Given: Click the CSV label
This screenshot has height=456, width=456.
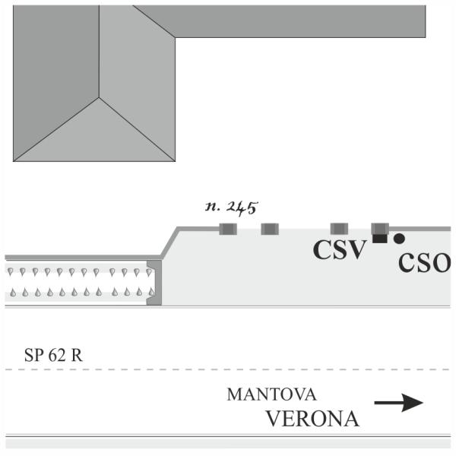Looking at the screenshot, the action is coord(339,250).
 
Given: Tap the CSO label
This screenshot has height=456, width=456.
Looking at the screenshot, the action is coord(425,263).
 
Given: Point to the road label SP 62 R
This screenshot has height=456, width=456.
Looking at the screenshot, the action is coord(53,355).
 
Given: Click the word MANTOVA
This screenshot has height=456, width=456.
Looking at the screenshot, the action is coord(271,394).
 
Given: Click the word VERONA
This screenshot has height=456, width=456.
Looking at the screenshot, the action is coord(313,419).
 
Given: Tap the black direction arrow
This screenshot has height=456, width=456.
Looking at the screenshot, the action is coord(399,403).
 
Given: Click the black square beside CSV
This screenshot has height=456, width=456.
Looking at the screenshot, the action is coord(380,239).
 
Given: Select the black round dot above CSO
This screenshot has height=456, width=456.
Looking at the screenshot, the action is coord(399,239).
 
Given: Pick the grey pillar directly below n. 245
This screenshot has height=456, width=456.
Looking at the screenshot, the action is coord(228,229).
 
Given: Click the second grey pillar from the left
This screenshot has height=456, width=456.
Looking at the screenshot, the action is coord(270,229).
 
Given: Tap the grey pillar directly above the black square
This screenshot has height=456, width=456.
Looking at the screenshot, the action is coord(380,229).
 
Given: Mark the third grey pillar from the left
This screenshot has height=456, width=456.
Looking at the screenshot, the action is coord(340,229).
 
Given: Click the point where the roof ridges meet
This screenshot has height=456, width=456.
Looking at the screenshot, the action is coord(99,97).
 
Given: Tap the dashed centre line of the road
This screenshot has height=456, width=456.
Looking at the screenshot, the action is coord(228,369).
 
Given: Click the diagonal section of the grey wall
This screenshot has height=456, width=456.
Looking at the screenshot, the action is coord(169,242).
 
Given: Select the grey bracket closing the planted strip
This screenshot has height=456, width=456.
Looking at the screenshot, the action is coord(154,283).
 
